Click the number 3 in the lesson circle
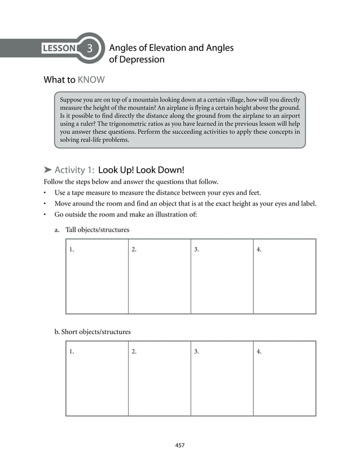point(90,49)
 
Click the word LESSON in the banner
point(59,49)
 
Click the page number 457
point(179,445)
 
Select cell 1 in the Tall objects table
point(97,276)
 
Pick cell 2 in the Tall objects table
point(159,276)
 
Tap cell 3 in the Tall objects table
point(222,276)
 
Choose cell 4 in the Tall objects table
point(284,276)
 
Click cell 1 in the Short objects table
point(97,378)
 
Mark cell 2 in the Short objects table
point(159,378)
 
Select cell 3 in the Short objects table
point(222,378)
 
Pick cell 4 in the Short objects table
point(284,378)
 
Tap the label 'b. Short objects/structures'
point(93,332)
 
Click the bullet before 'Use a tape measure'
point(45,192)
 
